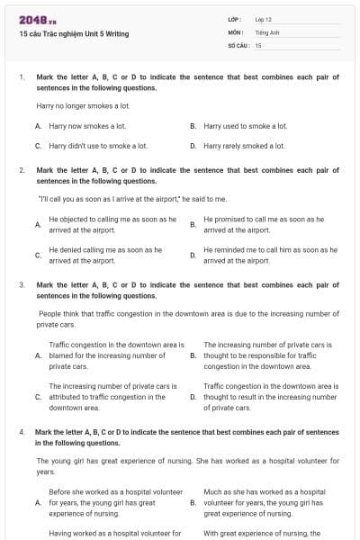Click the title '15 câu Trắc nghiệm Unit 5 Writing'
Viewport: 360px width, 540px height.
(x=74, y=33)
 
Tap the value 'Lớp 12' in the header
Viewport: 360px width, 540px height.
(x=263, y=19)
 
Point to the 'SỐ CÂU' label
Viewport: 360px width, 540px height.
(x=238, y=44)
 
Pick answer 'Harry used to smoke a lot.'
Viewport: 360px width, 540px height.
(x=246, y=126)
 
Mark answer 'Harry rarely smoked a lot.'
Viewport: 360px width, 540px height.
(x=244, y=145)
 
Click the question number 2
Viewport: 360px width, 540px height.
(x=21, y=170)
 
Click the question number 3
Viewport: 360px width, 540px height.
(x=21, y=284)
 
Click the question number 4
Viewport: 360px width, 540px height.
(x=21, y=432)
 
